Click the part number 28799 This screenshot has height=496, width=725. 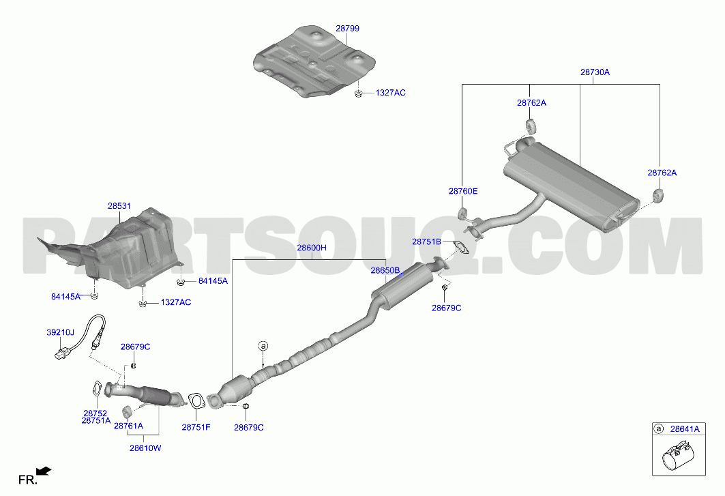pos(347,29)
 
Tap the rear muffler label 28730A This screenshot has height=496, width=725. pos(595,72)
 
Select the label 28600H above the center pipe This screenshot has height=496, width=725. pos(312,248)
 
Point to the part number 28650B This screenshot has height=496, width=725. pos(385,271)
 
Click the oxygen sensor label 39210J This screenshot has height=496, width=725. pos(60,333)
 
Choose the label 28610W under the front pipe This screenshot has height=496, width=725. pos(145,448)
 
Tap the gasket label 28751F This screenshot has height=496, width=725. pos(196,428)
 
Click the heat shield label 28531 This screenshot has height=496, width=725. pos(119,206)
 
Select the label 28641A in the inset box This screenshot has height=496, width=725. pos(685,429)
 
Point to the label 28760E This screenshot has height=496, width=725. pos(463,192)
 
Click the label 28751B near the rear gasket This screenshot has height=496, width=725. pos(426,242)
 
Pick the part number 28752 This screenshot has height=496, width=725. pos(95,413)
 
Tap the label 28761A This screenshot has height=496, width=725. pos(128,426)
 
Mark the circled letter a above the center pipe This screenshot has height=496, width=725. pos(263,346)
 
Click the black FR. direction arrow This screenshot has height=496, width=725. pos(44,471)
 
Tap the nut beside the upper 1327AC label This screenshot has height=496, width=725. pos(358,94)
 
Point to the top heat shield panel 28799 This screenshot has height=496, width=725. pos(314,63)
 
